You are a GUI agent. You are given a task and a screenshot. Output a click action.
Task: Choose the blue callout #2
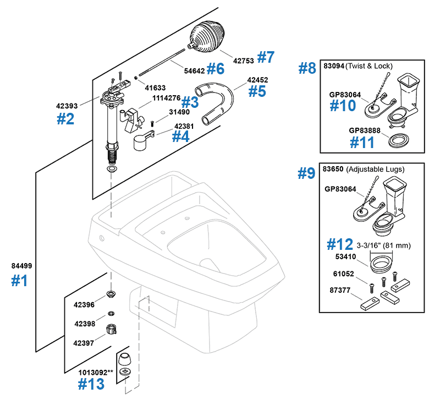pos(66,118)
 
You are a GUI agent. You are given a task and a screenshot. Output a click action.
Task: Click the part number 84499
pos(21,266)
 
